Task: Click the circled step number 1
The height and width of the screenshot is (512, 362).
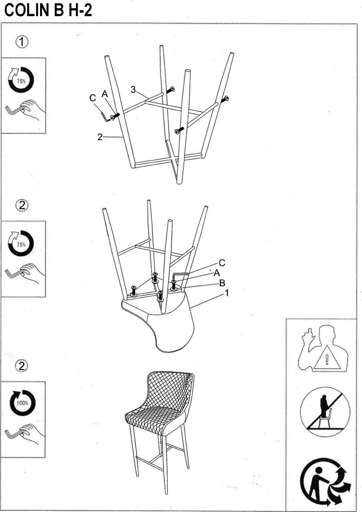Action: pyautogui.click(x=22, y=42)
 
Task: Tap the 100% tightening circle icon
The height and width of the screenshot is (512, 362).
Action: pyautogui.click(x=22, y=403)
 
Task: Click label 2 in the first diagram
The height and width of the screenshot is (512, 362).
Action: pyautogui.click(x=100, y=137)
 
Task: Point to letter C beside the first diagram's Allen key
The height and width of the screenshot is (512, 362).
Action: pyautogui.click(x=92, y=99)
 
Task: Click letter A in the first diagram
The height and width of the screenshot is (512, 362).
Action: pyautogui.click(x=105, y=94)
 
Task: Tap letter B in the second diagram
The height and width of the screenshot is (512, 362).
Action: pyautogui.click(x=222, y=283)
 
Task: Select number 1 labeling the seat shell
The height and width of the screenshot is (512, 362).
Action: pyautogui.click(x=226, y=293)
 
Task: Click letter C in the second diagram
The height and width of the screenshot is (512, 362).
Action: pyautogui.click(x=222, y=263)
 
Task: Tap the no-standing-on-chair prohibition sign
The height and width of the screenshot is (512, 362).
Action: pyautogui.click(x=325, y=412)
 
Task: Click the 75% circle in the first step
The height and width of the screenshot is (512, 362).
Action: pyautogui.click(x=21, y=80)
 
